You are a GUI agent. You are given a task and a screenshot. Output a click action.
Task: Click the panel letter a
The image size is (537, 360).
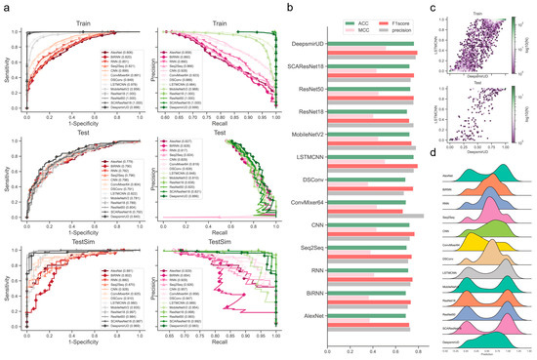tap(5, 7)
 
